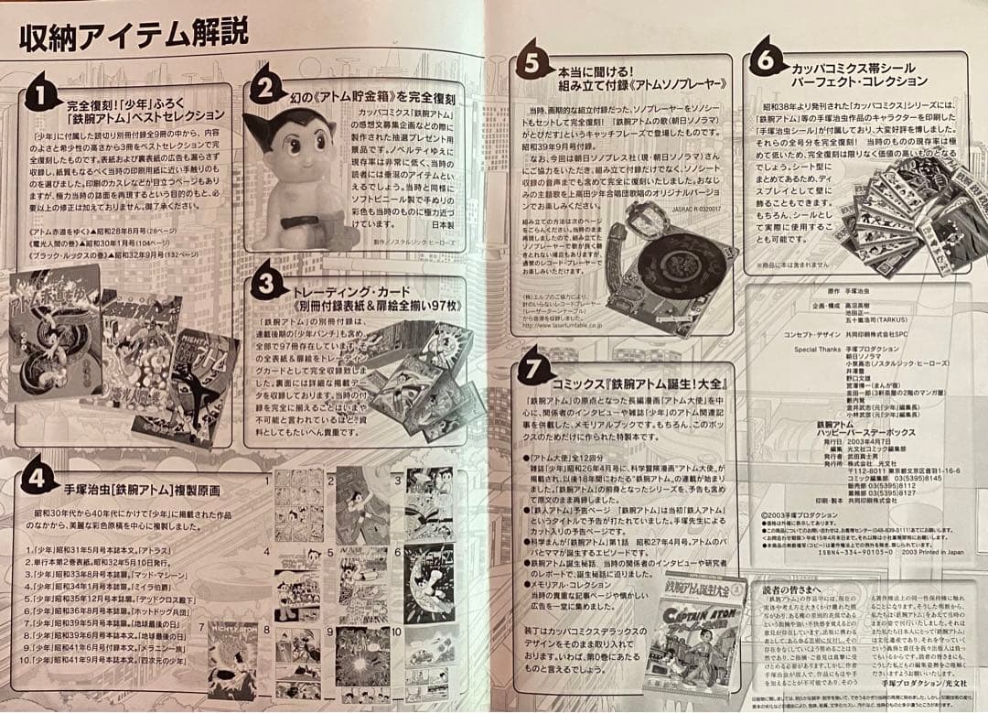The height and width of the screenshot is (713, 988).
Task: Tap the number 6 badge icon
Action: click(x=767, y=61)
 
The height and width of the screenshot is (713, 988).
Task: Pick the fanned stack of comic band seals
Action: click(x=906, y=220)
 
